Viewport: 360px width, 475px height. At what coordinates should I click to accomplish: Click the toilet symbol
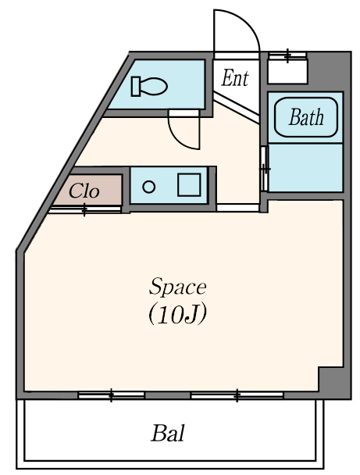click(149, 87)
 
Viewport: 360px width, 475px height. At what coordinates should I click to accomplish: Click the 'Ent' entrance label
click(235, 78)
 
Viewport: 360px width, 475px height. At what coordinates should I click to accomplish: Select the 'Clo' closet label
click(84, 191)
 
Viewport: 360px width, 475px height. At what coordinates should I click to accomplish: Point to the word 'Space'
click(178, 286)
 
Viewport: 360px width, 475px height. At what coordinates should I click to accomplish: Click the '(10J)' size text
click(178, 314)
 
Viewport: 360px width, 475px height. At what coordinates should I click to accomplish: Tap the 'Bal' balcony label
click(168, 433)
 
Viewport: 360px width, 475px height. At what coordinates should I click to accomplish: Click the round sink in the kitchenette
click(148, 187)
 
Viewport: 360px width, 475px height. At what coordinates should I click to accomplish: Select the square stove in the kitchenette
click(189, 185)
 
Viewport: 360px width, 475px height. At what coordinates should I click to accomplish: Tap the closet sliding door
click(85, 209)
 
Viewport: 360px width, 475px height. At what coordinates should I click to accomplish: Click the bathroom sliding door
click(265, 169)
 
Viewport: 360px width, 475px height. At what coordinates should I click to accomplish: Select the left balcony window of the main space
click(111, 395)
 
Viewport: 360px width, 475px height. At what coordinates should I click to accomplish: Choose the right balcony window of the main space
click(237, 395)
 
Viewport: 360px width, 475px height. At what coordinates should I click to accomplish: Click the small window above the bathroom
click(287, 55)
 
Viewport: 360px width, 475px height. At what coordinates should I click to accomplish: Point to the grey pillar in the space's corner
click(331, 380)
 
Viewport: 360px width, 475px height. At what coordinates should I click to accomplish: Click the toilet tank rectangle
click(135, 87)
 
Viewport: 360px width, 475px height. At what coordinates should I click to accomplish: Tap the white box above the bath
click(287, 72)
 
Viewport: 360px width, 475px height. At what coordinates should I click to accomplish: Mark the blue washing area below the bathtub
click(305, 168)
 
